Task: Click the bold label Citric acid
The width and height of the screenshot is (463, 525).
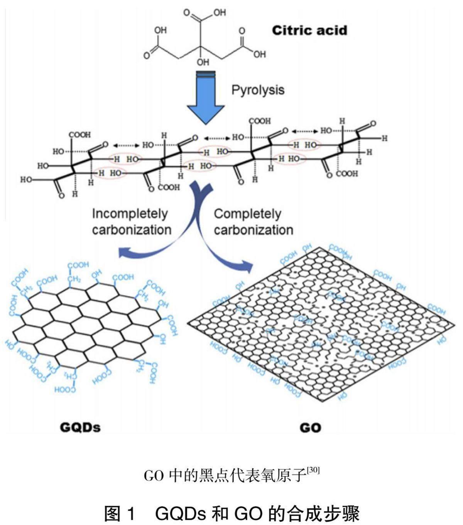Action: tap(309, 30)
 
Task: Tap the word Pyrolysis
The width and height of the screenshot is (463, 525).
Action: tap(258, 90)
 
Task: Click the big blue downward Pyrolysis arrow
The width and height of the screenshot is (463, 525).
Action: tap(206, 98)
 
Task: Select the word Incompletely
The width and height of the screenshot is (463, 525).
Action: tap(130, 214)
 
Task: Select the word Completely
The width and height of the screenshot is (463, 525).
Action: tap(247, 214)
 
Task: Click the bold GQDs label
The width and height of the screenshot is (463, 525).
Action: tap(80, 427)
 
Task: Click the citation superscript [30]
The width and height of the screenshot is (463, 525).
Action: tap(313, 471)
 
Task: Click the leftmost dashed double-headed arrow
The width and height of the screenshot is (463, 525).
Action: tap(126, 145)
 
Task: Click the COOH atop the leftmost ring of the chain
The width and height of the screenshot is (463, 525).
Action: tap(80, 135)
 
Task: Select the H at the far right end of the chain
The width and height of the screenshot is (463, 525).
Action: tap(384, 138)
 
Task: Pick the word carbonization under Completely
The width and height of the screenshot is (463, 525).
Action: tap(253, 230)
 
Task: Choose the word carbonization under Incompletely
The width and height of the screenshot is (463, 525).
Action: tap(132, 230)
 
